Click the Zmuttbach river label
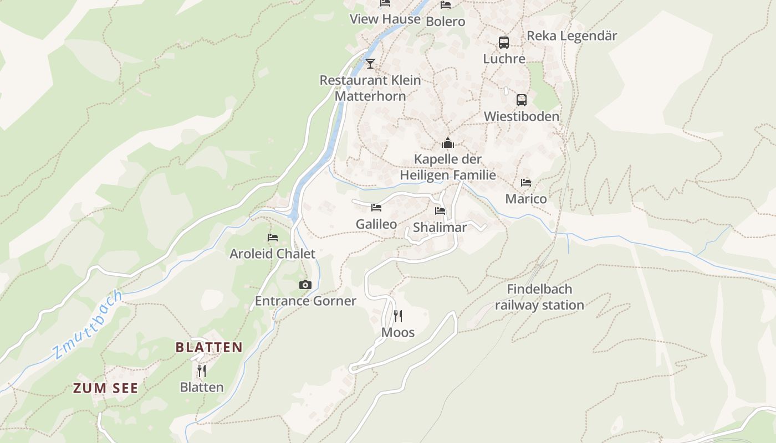pyautogui.click(x=87, y=324)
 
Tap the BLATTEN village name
pyautogui.click(x=209, y=347)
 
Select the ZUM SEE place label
pyautogui.click(x=105, y=388)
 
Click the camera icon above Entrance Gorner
pyautogui.click(x=305, y=285)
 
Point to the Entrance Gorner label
pyautogui.click(x=305, y=301)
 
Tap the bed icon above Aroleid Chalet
pyautogui.click(x=273, y=238)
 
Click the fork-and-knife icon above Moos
pyautogui.click(x=398, y=316)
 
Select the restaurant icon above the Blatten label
pyautogui.click(x=202, y=370)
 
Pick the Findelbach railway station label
pyautogui.click(x=539, y=297)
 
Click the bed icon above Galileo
pyautogui.click(x=376, y=208)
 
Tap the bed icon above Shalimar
pyautogui.click(x=440, y=211)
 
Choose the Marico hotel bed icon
pyautogui.click(x=526, y=182)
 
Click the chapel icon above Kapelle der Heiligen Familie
pyautogui.click(x=448, y=143)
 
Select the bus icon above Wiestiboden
pyautogui.click(x=522, y=100)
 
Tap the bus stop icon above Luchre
pyautogui.click(x=504, y=43)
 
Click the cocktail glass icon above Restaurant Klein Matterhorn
pyautogui.click(x=370, y=64)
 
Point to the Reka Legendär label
pyautogui.click(x=571, y=36)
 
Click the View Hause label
pyautogui.click(x=385, y=19)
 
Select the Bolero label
pyautogui.click(x=445, y=22)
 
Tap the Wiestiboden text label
pyautogui.click(x=522, y=116)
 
